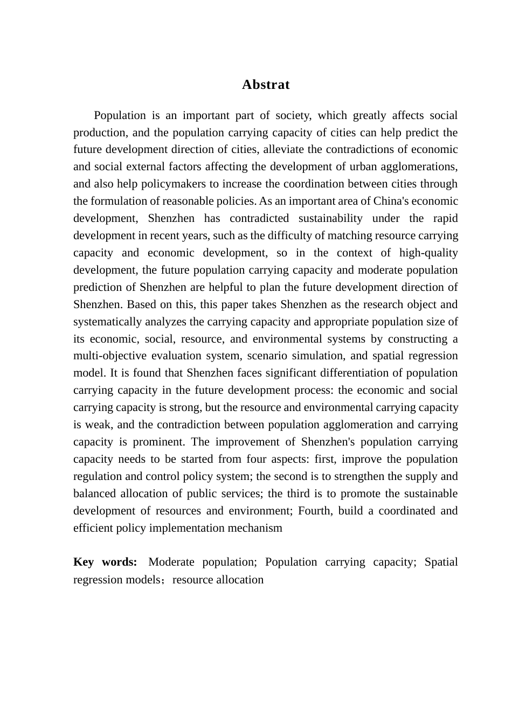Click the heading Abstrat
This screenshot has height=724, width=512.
(x=266, y=85)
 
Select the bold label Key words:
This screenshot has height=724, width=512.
(x=105, y=562)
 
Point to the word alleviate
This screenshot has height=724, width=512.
(x=283, y=150)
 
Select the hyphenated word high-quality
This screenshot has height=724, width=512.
(x=428, y=253)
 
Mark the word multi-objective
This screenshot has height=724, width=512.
(x=110, y=356)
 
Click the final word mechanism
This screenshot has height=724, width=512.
(x=255, y=528)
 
